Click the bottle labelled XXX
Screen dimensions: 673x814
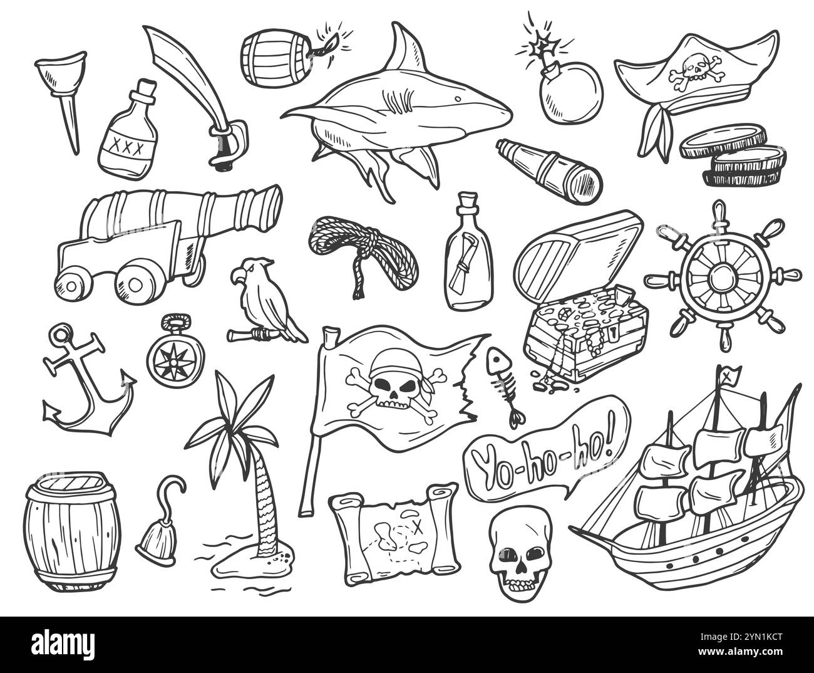pos(127,135)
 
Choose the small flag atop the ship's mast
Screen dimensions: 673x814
pos(729,377)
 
